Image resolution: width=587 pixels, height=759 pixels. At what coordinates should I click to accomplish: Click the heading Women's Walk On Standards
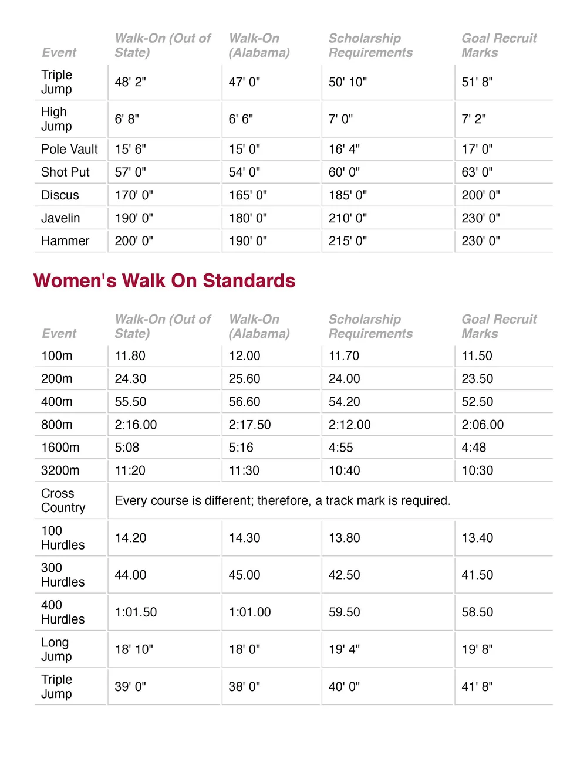point(164,281)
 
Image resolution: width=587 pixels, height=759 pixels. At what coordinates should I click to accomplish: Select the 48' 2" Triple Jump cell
point(130,82)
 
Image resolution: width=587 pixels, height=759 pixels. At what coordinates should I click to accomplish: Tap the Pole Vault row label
point(69,149)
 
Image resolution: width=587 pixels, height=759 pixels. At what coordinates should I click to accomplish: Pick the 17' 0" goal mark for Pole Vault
point(477,149)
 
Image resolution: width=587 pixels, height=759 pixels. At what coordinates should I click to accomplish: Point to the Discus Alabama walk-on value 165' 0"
point(248,195)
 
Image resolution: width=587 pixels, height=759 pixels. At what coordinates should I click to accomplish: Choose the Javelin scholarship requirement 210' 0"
point(348,218)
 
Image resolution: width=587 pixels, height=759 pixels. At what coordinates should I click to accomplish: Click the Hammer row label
point(65,241)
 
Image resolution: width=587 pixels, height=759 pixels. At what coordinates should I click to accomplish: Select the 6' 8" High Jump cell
point(127,119)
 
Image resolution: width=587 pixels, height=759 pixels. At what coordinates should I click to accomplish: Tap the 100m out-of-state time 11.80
point(130,356)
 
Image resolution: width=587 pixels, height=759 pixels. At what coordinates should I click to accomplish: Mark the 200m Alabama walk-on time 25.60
point(244,379)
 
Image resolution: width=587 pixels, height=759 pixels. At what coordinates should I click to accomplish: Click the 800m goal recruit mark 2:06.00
point(483,425)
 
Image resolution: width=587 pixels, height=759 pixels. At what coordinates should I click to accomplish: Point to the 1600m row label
point(60,448)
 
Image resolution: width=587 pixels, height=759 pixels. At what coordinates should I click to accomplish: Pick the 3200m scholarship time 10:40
point(345,470)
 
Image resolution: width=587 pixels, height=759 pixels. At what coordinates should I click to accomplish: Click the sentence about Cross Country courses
point(282,501)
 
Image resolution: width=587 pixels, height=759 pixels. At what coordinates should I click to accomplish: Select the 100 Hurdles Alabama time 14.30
point(244,538)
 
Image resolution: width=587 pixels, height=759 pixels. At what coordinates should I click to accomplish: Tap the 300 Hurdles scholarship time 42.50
point(345,575)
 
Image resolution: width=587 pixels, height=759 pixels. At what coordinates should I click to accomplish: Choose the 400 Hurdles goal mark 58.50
point(477,612)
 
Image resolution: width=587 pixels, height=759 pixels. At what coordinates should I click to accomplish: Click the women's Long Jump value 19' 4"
point(344,649)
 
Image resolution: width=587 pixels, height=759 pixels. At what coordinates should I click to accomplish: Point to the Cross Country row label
point(63,500)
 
